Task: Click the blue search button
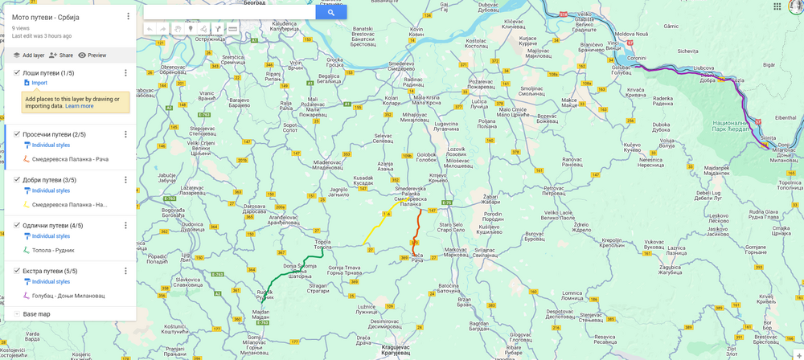pyautogui.click(x=330, y=13)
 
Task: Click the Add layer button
pyautogui.click(x=28, y=55)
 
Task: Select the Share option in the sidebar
pyautogui.click(x=60, y=55)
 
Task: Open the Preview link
pyautogui.click(x=92, y=55)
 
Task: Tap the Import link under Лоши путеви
pyautogui.click(x=39, y=83)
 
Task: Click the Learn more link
pyautogui.click(x=79, y=106)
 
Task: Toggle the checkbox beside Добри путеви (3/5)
pyautogui.click(x=17, y=180)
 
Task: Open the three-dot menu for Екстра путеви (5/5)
pyautogui.click(x=125, y=271)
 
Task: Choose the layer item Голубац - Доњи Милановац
pyautogui.click(x=68, y=296)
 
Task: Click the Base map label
pyautogui.click(x=36, y=314)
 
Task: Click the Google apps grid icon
pyautogui.click(x=777, y=6)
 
